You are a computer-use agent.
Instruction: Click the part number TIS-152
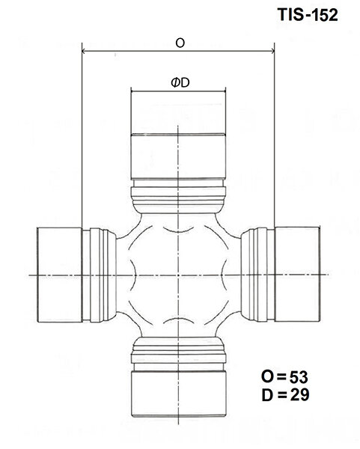tap(305, 14)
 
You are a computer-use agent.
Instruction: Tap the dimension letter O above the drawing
tap(180, 43)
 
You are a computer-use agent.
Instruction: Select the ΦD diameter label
tap(179, 84)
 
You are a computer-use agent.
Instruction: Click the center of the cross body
tap(179, 275)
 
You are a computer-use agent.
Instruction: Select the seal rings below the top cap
tap(179, 197)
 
